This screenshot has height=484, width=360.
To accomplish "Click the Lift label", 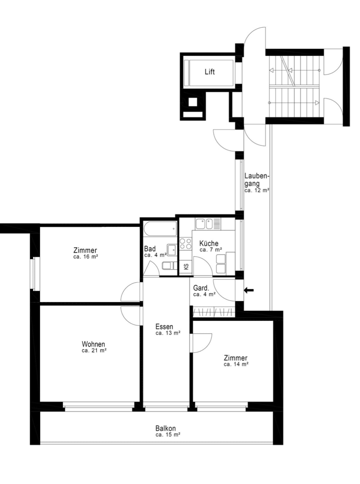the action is pyautogui.click(x=210, y=71).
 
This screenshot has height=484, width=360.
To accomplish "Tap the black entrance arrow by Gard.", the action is pyautogui.click(x=249, y=290).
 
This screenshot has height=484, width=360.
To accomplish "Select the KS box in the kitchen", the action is pyautogui.click(x=186, y=267).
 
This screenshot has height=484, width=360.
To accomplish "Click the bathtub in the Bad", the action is pyautogui.click(x=160, y=229).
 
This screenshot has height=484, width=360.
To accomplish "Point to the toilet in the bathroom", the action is pyautogui.click(x=169, y=266).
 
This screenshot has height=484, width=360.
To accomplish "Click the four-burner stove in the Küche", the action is pyautogui.click(x=185, y=244).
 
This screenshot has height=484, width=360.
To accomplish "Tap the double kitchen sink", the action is pyautogui.click(x=204, y=224).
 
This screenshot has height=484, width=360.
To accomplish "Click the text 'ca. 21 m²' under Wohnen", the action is pyautogui.click(x=94, y=351).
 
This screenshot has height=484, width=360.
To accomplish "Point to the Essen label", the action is pyautogui.click(x=164, y=327).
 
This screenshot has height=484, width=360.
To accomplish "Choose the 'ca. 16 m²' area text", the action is pyautogui.click(x=85, y=257).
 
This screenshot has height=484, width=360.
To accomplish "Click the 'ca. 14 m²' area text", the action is pyautogui.click(x=236, y=364).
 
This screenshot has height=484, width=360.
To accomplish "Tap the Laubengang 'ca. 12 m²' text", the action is pyautogui.click(x=257, y=190).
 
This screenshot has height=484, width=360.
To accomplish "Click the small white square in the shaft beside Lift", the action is pyautogui.click(x=192, y=102).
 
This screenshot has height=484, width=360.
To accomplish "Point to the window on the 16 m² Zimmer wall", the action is pyautogui.click(x=34, y=274).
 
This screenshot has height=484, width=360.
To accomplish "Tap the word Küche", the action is pyautogui.click(x=208, y=243).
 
